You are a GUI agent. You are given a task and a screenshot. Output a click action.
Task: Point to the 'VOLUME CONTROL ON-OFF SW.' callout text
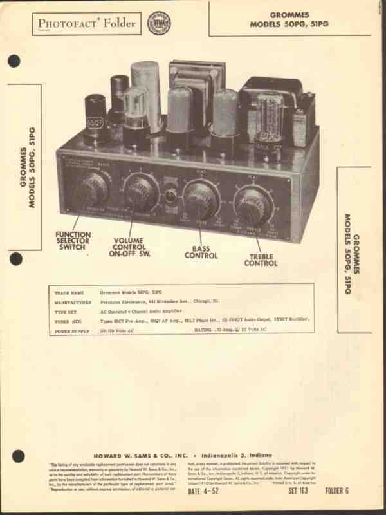click(x=133, y=247)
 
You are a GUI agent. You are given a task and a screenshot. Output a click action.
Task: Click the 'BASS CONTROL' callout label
click(x=201, y=252)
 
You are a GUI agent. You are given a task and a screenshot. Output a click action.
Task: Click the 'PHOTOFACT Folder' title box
click(x=85, y=24)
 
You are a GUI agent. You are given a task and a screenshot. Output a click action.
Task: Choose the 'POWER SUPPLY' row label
click(x=71, y=330)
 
